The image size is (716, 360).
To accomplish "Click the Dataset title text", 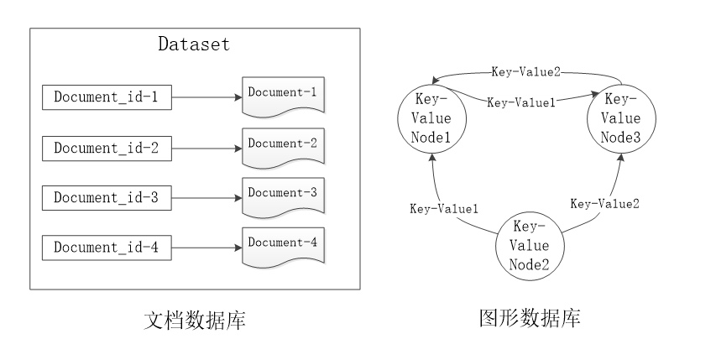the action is pos(194,44).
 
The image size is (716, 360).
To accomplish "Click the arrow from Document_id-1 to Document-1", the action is pos(206,97).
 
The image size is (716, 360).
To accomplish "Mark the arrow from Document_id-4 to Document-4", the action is pos(206,248).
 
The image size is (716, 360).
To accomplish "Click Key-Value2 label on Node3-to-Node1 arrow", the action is pos(525,72).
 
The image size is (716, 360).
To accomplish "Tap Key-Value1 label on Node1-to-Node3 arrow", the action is pos(521,102).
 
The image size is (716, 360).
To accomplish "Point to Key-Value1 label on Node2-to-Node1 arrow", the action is pos(444,209).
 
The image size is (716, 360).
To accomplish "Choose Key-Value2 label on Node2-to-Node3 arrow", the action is pos(604,204).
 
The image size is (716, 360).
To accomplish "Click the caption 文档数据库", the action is pos(195,320).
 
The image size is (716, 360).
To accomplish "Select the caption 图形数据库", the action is pos(530,317).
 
